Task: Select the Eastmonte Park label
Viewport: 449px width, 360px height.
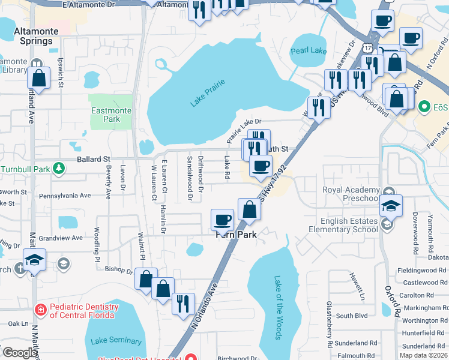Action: (x=106, y=115)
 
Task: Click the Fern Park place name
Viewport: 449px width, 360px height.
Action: (x=237, y=235)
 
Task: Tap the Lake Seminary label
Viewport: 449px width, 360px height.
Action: (x=116, y=341)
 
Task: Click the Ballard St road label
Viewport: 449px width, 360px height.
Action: (x=94, y=160)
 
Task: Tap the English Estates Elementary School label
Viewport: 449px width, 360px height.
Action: (x=343, y=225)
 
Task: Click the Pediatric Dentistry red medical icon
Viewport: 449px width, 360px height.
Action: (x=40, y=310)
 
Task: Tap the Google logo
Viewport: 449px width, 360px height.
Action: (x=19, y=353)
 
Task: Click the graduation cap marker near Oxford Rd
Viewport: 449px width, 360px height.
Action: (x=391, y=206)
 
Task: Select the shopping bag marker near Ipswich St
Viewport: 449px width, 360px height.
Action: (x=38, y=78)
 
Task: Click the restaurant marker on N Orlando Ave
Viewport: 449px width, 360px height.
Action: (x=183, y=303)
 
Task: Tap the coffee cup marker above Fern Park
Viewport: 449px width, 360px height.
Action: (x=223, y=220)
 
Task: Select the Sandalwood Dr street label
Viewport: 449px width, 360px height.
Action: (x=190, y=178)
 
